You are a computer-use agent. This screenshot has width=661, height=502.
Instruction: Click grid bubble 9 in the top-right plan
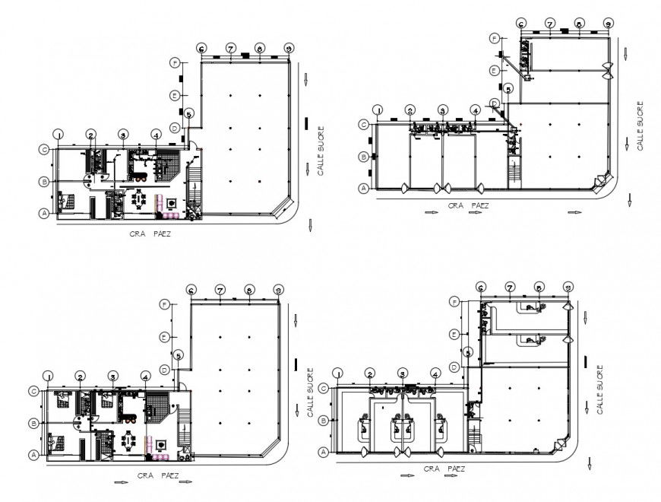point(608,24)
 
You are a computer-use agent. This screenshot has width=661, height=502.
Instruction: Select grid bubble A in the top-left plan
point(45,214)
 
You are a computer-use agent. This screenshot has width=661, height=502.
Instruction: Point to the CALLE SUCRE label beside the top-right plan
point(640,126)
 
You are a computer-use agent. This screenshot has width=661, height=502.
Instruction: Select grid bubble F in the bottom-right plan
point(454,302)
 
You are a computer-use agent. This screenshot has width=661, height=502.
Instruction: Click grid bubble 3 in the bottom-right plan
point(403,373)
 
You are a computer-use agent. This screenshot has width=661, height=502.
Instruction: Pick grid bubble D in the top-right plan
point(494,103)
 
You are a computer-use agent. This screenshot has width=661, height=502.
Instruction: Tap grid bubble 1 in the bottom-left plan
point(48,376)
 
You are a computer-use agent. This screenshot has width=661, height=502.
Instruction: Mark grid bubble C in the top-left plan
point(45,150)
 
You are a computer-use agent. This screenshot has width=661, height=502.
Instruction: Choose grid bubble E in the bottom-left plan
point(164,337)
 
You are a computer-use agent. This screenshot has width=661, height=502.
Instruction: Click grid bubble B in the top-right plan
point(364,157)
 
